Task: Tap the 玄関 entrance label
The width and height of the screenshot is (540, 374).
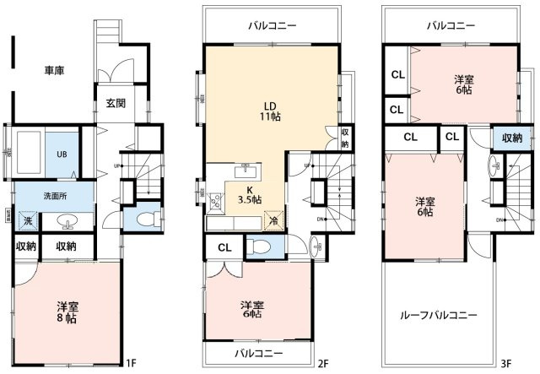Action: [x=116, y=105]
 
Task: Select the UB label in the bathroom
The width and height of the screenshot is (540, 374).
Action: [x=61, y=154]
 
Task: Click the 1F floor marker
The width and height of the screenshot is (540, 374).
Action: [x=130, y=363]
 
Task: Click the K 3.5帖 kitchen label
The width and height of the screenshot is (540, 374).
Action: [x=250, y=195]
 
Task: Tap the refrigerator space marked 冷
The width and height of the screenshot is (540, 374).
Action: [x=273, y=220]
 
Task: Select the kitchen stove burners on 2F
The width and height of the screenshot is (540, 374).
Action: [x=214, y=202]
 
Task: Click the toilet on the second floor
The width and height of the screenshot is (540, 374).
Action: [x=261, y=247]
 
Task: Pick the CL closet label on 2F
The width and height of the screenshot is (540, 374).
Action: [x=224, y=247]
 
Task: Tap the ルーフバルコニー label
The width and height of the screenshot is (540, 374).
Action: [x=438, y=315]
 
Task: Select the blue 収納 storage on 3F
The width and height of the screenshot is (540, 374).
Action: [x=511, y=138]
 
